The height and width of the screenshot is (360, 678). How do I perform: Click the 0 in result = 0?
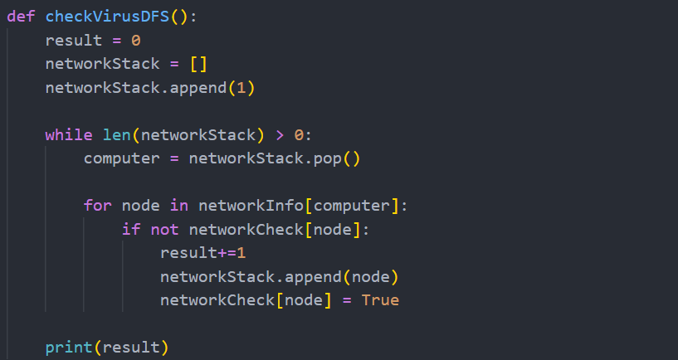(136, 41)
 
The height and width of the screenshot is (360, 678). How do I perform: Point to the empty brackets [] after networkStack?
(188, 64)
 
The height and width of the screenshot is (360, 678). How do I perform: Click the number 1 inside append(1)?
(241, 87)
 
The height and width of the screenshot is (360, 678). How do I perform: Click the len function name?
(117, 134)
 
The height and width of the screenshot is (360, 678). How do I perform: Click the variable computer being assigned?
(122, 158)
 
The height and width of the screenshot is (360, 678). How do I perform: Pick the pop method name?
(328, 158)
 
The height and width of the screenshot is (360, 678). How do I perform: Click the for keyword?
(98, 205)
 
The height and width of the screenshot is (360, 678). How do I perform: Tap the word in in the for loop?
(178, 205)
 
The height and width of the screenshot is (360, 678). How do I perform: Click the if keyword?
(131, 229)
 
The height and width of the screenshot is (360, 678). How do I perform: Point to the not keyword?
(164, 229)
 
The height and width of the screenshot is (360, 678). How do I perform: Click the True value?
(380, 299)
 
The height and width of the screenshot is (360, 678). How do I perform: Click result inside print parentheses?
(131, 346)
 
